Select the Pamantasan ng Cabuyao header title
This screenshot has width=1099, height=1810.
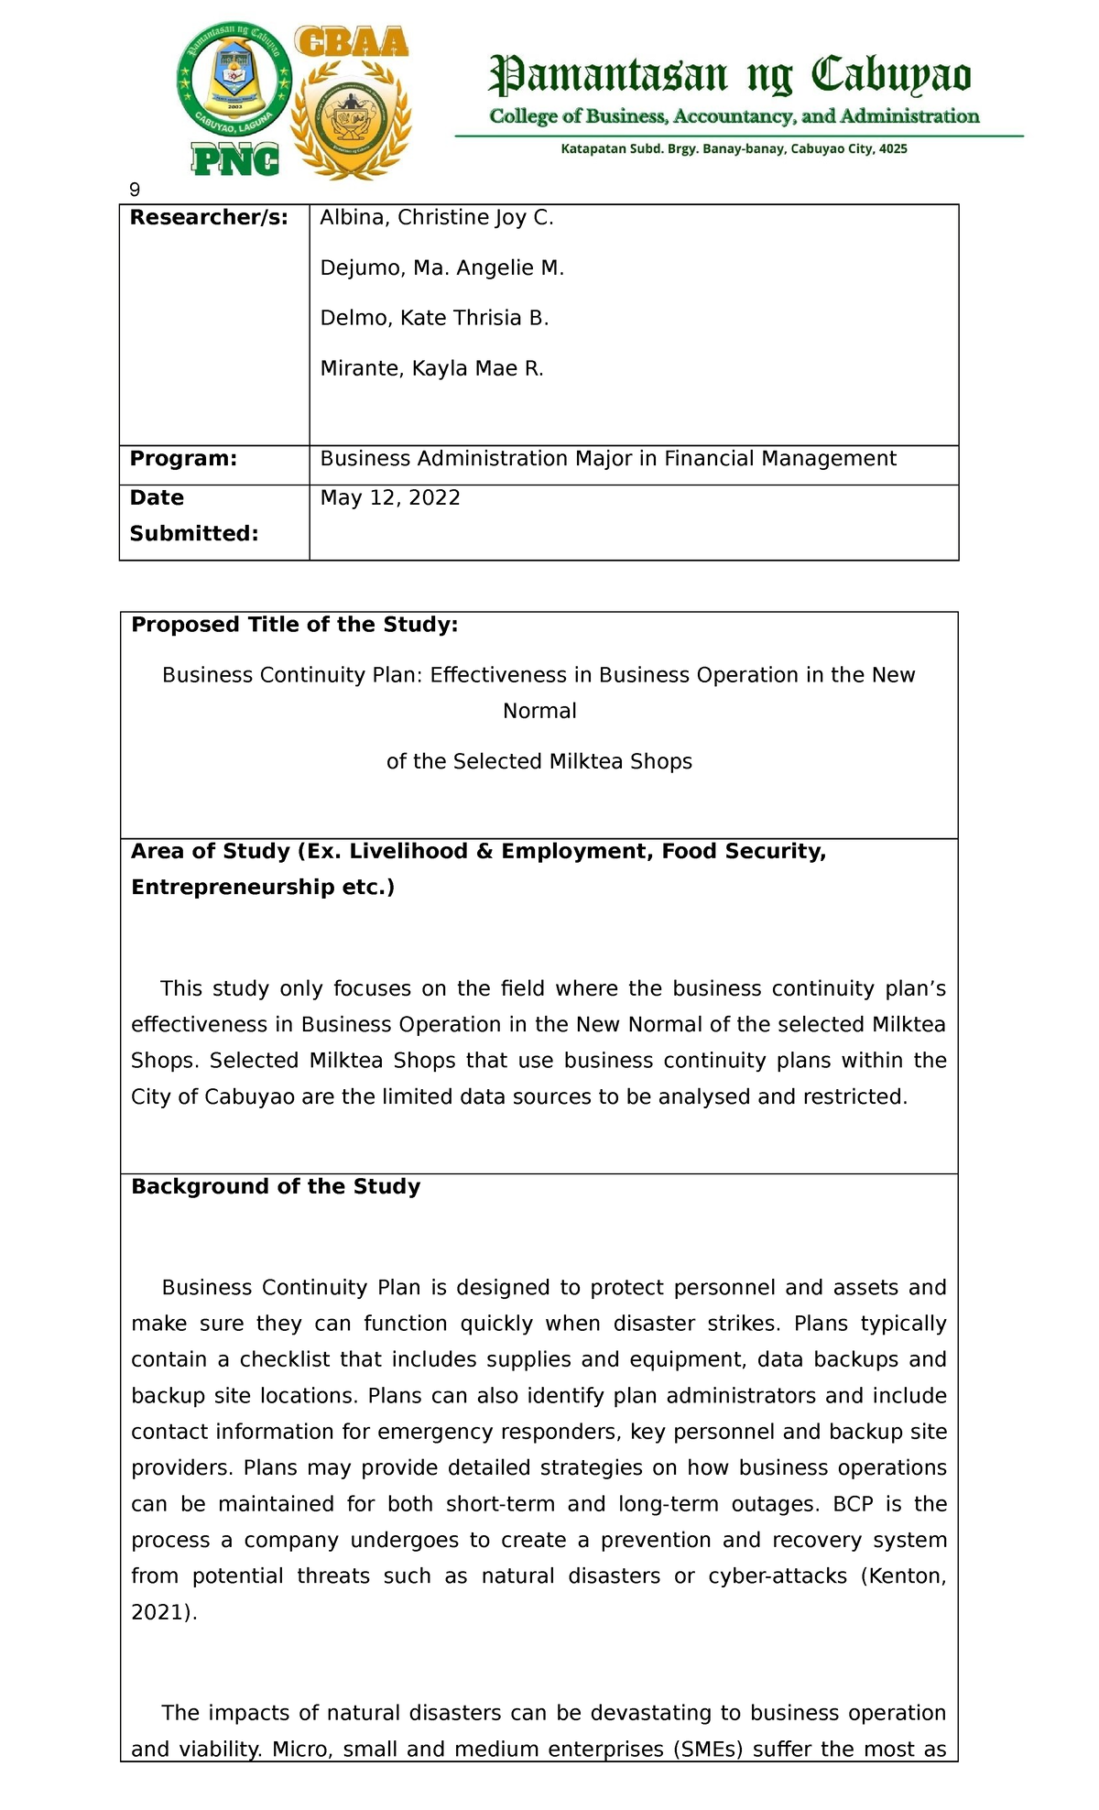point(730,76)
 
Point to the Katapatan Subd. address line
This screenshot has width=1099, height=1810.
point(734,148)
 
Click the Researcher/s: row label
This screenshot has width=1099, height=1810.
point(209,218)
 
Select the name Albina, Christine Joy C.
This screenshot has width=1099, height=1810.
point(437,218)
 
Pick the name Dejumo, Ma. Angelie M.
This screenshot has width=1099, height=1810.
point(441,268)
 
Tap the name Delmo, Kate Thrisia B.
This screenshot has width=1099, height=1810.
point(434,319)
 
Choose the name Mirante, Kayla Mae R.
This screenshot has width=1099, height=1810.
point(431,369)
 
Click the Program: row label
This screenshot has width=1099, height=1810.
point(183,459)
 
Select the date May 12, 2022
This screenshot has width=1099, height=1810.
point(390,498)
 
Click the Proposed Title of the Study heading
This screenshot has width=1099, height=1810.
point(294,625)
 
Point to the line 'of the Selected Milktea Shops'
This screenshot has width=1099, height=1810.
point(539,761)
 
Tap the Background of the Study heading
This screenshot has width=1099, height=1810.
point(276,1187)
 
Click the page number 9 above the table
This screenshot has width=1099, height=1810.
point(135,191)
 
